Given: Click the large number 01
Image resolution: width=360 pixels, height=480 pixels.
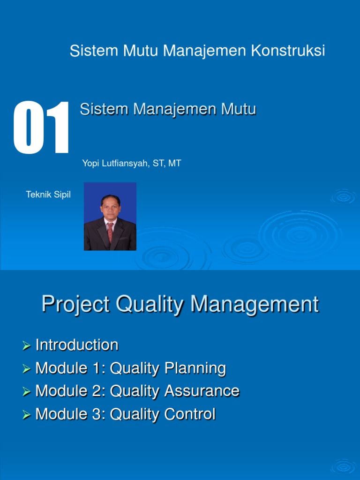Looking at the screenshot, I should (41, 127).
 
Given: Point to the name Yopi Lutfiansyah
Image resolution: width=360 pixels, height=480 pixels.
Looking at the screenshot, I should (113, 164).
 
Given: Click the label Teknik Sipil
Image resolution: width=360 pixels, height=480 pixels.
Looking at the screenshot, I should (48, 195).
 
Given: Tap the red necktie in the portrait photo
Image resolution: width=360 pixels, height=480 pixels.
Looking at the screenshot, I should (110, 231).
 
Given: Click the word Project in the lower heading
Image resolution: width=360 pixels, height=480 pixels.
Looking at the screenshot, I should (75, 305).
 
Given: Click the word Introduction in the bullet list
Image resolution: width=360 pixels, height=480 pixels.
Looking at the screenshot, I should (77, 345).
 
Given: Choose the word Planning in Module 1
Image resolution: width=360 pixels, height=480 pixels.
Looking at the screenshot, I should (195, 368).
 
